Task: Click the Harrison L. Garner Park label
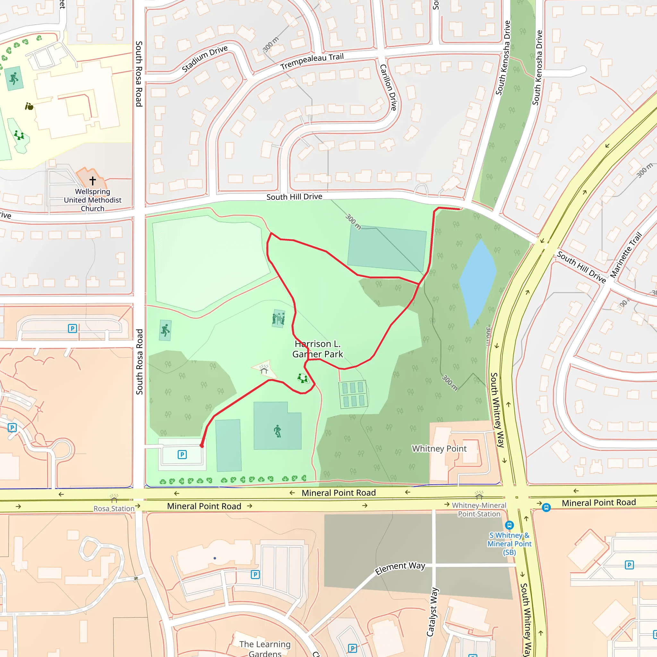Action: [x=318, y=349]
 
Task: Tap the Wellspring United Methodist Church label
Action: [x=92, y=200]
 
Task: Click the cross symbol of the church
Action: [x=92, y=181]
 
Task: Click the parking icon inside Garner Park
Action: [x=182, y=455]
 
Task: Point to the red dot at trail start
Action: [x=202, y=446]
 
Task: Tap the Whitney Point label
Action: [x=439, y=448]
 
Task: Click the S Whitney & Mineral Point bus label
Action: [x=509, y=543]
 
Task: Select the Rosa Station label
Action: [x=114, y=508]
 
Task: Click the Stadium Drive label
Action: [x=204, y=59]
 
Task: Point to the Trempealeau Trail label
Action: [x=312, y=62]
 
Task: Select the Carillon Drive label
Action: [x=388, y=87]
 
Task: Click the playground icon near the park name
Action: [x=302, y=378]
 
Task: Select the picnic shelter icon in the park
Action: [x=264, y=369]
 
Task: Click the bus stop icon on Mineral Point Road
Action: [x=546, y=508]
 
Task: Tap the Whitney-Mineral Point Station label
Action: [x=479, y=509]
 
